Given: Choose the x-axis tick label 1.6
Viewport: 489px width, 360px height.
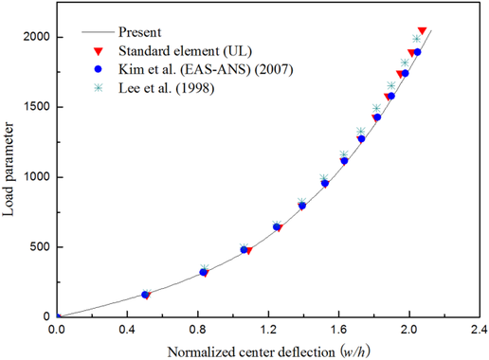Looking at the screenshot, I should (x=338, y=331).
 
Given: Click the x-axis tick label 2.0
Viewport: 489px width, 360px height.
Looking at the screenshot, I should (x=409, y=331).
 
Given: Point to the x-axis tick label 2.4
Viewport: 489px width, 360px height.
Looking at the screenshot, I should (x=480, y=331).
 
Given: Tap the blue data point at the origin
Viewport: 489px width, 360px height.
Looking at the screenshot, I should (x=57, y=317).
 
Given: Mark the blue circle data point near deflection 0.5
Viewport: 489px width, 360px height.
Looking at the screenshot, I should (x=145, y=295).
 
